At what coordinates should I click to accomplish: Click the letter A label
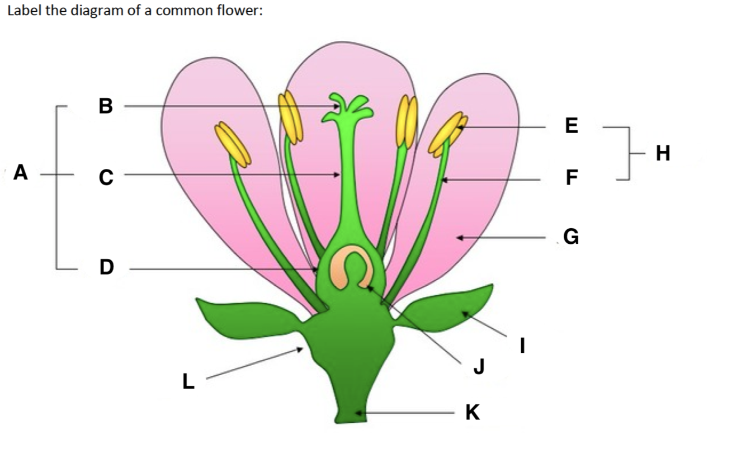point(21,172)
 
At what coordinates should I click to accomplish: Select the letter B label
point(105,106)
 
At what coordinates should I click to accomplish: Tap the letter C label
point(105,177)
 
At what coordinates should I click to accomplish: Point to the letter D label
point(106,268)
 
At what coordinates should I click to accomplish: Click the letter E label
point(571,126)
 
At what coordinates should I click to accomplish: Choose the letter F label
point(571,178)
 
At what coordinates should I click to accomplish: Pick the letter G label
point(571,238)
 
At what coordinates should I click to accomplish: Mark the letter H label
point(663,152)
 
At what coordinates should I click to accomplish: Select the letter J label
point(478,366)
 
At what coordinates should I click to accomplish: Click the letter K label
point(473,413)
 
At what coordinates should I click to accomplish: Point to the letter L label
point(188,381)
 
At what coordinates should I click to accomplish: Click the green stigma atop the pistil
point(347,106)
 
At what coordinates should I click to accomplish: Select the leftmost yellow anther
point(233,144)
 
